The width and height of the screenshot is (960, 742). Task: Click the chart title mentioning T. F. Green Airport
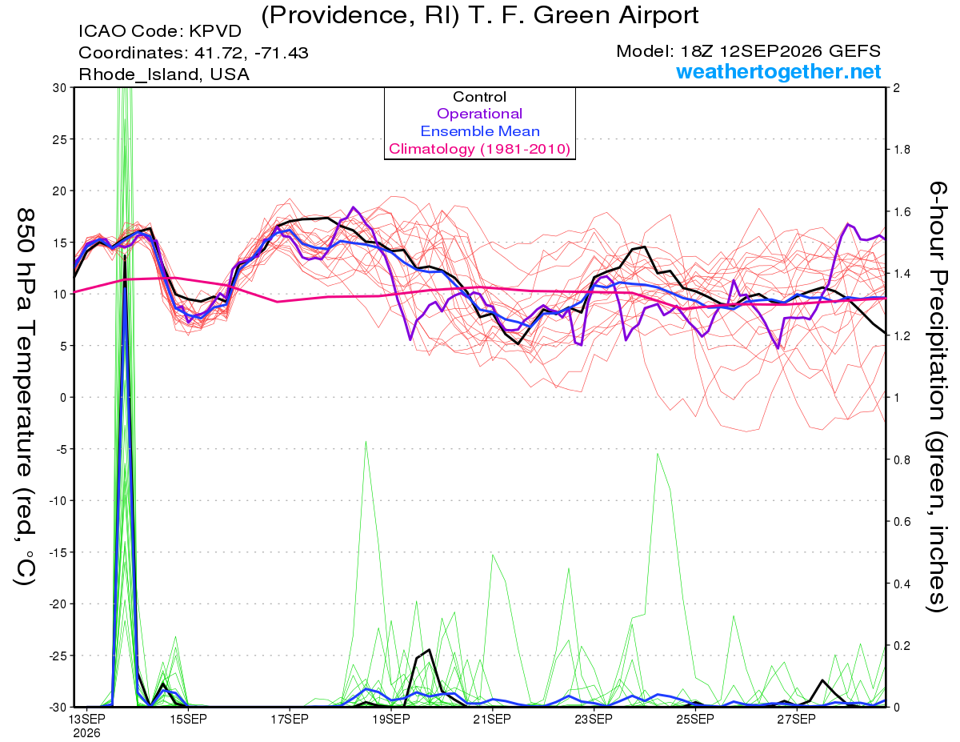[480, 15]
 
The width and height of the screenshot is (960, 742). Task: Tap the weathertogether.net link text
[778, 71]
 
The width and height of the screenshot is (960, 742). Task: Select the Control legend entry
[480, 97]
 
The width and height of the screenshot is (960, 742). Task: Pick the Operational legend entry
[480, 114]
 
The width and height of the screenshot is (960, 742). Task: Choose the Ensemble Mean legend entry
[480, 131]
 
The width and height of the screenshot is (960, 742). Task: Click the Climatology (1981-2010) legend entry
[480, 149]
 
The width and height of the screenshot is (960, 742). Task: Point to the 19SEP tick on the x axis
[391, 719]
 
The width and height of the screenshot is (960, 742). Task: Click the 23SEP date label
[594, 719]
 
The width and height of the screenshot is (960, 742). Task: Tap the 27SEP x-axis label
[797, 719]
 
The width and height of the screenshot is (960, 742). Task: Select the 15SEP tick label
[188, 719]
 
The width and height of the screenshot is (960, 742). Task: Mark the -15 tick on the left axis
[58, 552]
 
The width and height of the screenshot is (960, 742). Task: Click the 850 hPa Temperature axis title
[26, 397]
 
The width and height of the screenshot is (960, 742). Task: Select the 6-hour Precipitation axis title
[938, 397]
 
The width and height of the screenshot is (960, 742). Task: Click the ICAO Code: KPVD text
[160, 31]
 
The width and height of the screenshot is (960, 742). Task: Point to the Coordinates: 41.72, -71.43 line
[194, 53]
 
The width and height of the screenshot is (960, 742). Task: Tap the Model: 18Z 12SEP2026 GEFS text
[748, 51]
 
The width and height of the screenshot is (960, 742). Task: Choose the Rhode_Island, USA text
[164, 74]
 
